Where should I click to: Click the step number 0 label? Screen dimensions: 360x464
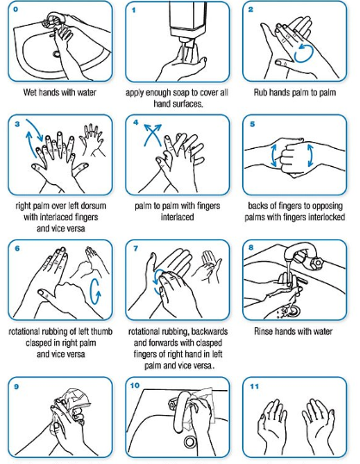pos(16,9)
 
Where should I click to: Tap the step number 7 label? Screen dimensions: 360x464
pos(135,248)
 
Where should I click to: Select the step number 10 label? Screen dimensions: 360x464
pos(134,386)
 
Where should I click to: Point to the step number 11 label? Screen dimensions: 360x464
pos(254,387)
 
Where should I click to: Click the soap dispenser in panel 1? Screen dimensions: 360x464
pos(187,24)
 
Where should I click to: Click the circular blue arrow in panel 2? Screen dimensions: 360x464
pos(304,53)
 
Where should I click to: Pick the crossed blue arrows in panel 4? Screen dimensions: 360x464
pos(152,135)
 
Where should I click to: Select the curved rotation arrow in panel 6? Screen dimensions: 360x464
pos(96,292)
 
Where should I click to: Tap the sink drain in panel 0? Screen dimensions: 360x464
pos(56,54)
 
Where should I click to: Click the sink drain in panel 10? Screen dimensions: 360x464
pos(190,442)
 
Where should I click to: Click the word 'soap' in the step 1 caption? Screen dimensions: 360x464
pos(182,92)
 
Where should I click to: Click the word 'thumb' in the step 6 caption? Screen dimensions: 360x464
pos(102,331)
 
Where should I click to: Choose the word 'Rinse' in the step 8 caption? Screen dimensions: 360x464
pos(263,331)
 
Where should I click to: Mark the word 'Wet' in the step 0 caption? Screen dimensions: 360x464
pos(30,92)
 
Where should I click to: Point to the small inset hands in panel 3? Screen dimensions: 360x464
pos(92,139)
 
